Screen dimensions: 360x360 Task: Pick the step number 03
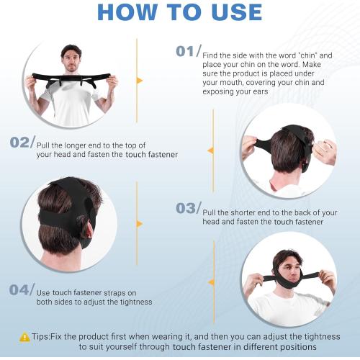pyautogui.click(x=186, y=208)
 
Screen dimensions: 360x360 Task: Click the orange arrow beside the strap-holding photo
pyautogui.click(x=140, y=80)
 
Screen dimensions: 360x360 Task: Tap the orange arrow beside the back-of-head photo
pyautogui.click(x=140, y=223)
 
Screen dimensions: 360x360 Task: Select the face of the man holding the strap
pyautogui.click(x=71, y=58)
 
